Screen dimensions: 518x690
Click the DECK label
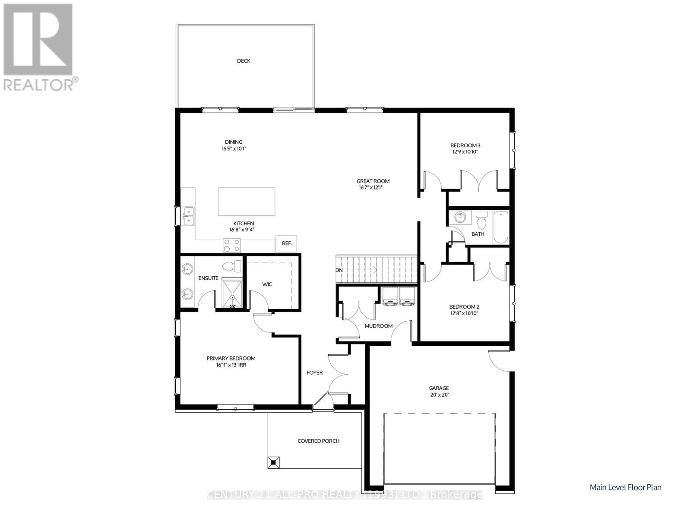pyautogui.click(x=244, y=61)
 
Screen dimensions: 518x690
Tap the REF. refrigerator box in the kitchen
pyautogui.click(x=287, y=243)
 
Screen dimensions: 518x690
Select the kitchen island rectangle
pyautogui.click(x=247, y=202)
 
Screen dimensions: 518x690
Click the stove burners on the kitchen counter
pyautogui.click(x=232, y=246)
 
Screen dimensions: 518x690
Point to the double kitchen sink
pyautogui.click(x=189, y=215)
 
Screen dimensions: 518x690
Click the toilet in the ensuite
pyautogui.click(x=233, y=266)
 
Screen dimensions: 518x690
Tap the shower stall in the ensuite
pyautogui.click(x=232, y=294)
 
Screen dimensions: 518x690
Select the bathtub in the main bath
pyautogui.click(x=501, y=227)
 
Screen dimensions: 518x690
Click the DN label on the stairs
pyautogui.click(x=339, y=270)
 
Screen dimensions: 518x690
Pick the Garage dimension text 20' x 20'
pyautogui.click(x=439, y=395)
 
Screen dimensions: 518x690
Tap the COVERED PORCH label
pyautogui.click(x=318, y=441)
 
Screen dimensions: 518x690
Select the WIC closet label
pyautogui.click(x=267, y=284)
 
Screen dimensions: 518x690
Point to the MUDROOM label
pyautogui.click(x=379, y=326)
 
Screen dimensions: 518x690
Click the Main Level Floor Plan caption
pyautogui.click(x=625, y=487)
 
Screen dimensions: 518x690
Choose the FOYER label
pyautogui.click(x=314, y=373)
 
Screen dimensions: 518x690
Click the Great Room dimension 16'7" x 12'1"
pyautogui.click(x=373, y=188)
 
